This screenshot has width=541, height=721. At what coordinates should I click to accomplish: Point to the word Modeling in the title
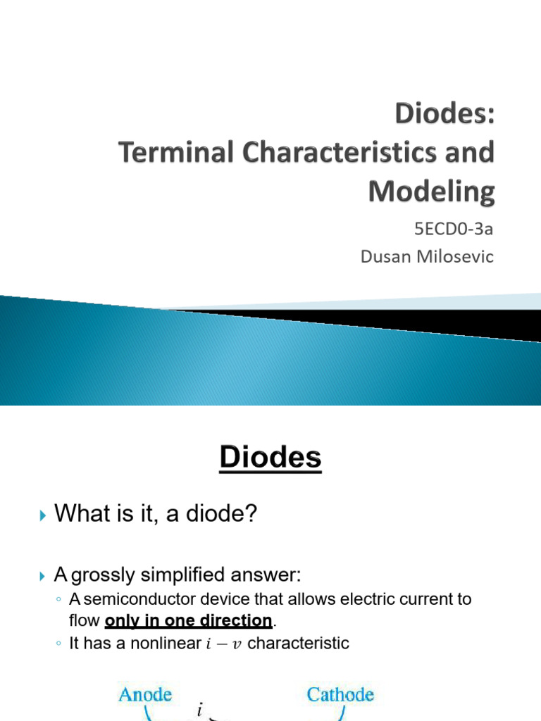(431, 192)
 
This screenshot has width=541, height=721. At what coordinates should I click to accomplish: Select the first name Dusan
(386, 256)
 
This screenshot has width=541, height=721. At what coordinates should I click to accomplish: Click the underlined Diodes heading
(270, 458)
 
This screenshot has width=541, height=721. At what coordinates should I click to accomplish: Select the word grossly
(104, 575)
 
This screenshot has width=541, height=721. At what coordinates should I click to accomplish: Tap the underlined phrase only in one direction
(188, 620)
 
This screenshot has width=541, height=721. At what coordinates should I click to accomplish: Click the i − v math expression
(225, 644)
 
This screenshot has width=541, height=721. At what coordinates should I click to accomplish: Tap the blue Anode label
(146, 694)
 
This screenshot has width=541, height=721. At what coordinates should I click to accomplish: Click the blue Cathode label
(340, 694)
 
